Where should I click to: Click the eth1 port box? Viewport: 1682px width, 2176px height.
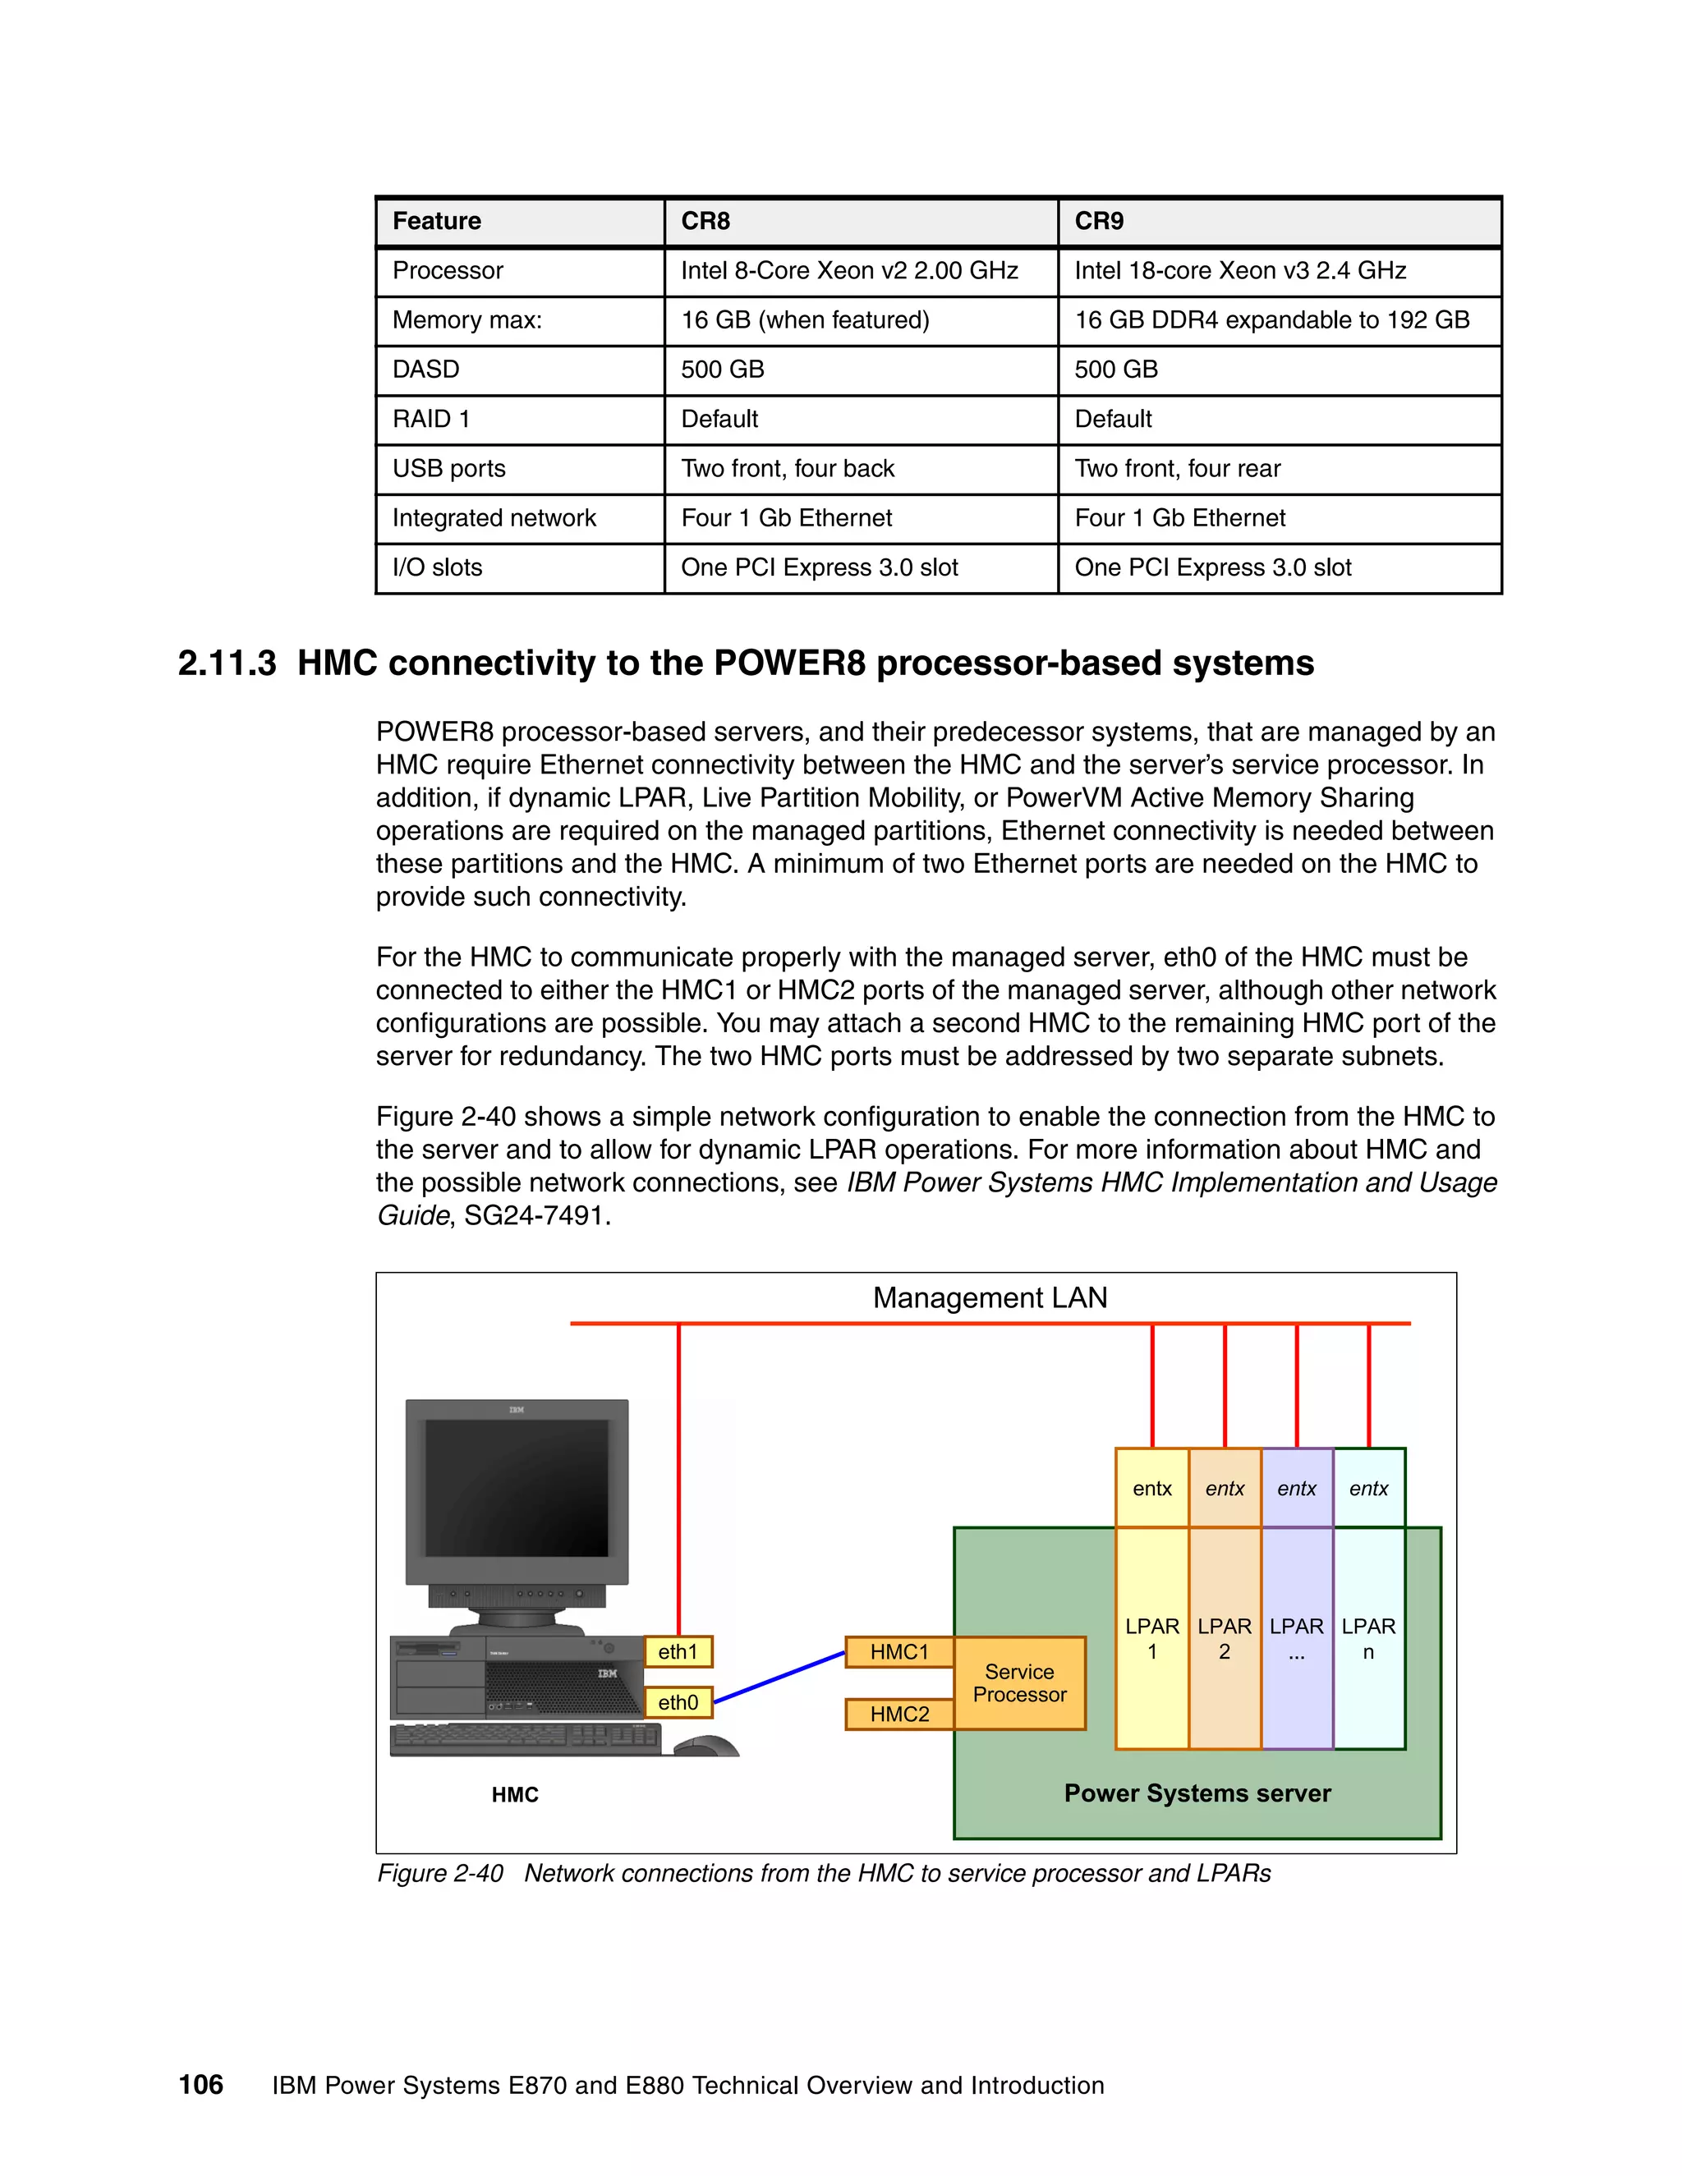point(678,1651)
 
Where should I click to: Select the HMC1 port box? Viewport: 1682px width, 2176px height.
point(898,1652)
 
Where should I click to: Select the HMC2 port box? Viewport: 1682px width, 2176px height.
point(898,1714)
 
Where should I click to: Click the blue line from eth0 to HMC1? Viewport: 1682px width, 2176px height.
point(779,1677)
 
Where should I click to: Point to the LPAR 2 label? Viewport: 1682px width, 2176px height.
point(1225,1638)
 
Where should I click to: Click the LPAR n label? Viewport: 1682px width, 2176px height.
point(1368,1638)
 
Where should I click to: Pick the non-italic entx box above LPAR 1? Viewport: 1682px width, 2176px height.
point(1152,1488)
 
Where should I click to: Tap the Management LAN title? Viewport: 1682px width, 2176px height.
point(990,1297)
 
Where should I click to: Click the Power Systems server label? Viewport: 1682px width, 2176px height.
point(1197,1793)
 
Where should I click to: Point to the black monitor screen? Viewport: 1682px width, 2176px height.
point(516,1488)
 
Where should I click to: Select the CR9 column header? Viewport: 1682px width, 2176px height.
point(1099,221)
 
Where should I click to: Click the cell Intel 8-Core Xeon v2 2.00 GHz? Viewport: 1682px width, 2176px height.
point(849,271)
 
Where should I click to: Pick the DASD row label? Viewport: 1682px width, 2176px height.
point(426,370)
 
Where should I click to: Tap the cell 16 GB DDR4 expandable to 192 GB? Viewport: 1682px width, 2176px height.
point(1271,319)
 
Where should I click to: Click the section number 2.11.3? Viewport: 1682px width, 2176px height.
point(227,663)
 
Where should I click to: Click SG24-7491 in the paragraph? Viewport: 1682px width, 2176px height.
point(534,1215)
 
